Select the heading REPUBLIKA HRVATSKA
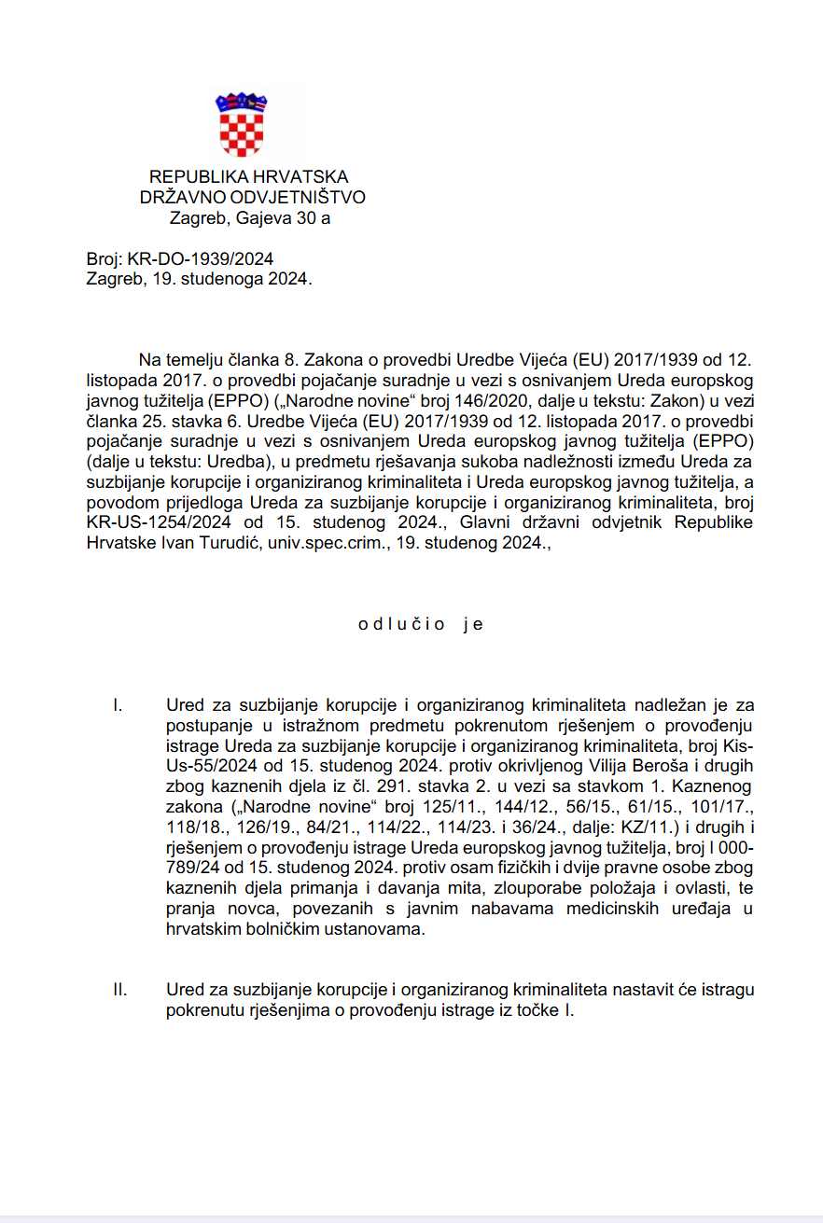point(249,177)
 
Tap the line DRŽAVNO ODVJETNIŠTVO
point(253,198)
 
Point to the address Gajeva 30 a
point(280,219)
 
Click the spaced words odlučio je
point(421,625)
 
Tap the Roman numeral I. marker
point(118,705)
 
